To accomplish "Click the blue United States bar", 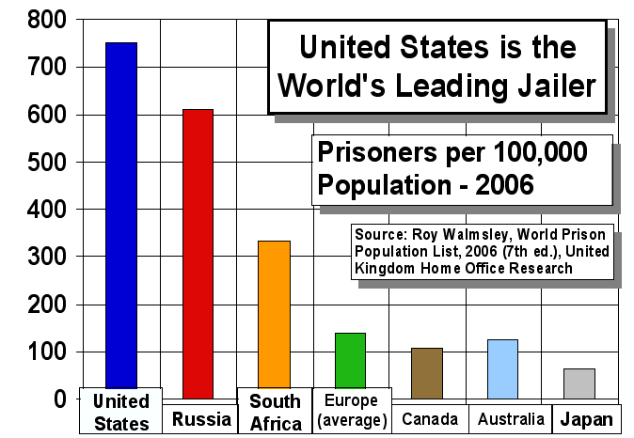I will [x=121, y=216].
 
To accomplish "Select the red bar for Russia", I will [x=198, y=254].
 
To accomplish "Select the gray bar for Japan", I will [x=579, y=383].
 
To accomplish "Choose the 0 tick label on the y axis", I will [x=59, y=399].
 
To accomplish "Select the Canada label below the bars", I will [x=430, y=419].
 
